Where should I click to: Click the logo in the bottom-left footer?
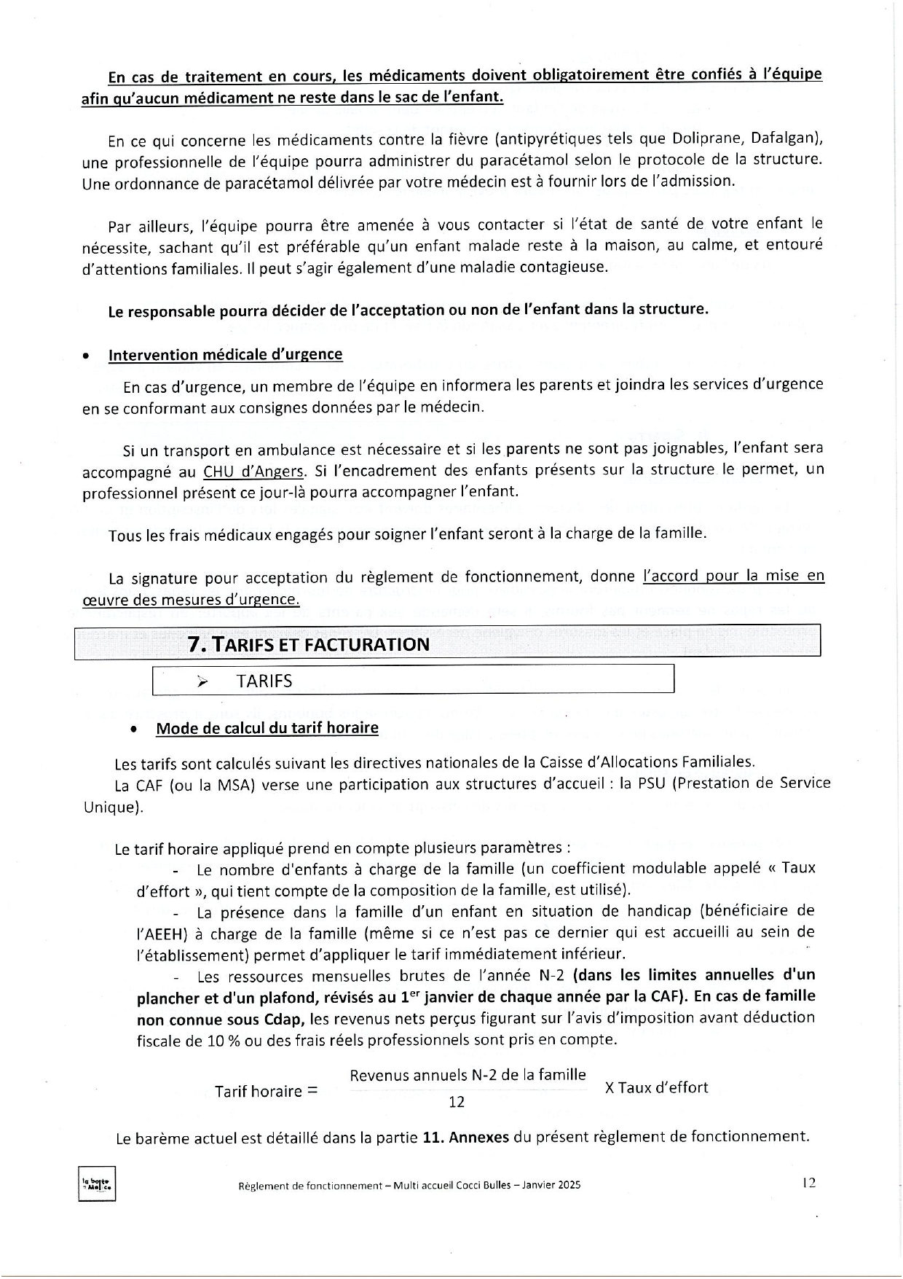click(x=97, y=1184)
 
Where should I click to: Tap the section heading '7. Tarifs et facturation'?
click(x=309, y=644)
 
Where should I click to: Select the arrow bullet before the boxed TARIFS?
click(x=202, y=681)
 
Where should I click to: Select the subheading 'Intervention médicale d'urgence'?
click(x=225, y=355)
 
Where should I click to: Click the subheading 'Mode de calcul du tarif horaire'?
click(x=267, y=728)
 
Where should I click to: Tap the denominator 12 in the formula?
click(x=457, y=1102)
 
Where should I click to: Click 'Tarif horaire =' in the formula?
click(x=267, y=1091)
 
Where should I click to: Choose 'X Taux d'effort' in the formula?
click(x=656, y=1088)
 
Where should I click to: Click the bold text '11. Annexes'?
click(x=465, y=1137)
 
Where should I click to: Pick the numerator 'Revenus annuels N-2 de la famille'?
click(x=468, y=1075)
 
